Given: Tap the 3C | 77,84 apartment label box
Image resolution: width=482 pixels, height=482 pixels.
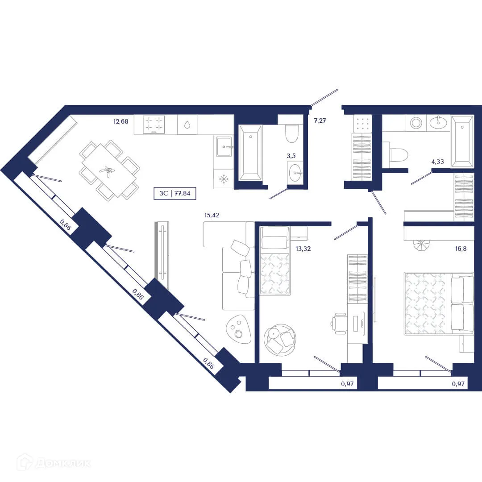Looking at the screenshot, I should tap(175, 193).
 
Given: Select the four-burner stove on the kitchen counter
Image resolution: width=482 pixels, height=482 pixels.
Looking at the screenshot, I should tap(154, 125).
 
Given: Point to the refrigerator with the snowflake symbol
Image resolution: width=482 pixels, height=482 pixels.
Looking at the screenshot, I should tap(223, 179).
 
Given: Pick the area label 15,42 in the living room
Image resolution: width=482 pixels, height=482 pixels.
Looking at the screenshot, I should tap(212, 215).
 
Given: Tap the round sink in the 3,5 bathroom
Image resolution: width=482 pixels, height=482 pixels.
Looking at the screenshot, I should tap(295, 173).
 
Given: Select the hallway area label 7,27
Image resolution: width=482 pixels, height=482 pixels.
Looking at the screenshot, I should tap(320, 120).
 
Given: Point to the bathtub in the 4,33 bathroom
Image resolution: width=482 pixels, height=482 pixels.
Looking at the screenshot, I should tap(462, 141).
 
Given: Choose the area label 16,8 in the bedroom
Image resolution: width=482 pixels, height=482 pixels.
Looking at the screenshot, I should tap(461, 249).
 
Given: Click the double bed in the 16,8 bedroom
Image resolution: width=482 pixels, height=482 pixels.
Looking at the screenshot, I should tap(438, 303).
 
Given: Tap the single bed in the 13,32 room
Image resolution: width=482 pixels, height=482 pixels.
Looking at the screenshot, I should tap(275, 261).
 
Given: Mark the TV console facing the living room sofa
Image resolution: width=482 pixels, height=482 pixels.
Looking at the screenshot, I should tap(162, 254).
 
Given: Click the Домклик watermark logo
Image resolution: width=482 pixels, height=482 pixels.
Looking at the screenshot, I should tap(54, 463).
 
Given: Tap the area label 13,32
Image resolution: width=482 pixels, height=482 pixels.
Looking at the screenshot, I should tap(303, 249).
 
